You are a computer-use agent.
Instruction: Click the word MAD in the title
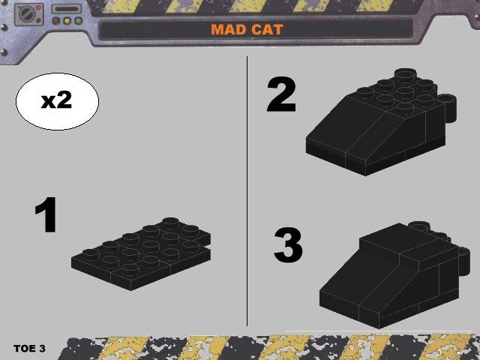[228, 30]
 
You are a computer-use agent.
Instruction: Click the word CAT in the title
[267, 30]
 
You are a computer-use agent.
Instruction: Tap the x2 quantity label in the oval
[57, 100]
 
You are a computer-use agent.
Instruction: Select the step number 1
[46, 214]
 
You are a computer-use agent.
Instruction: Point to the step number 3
[288, 245]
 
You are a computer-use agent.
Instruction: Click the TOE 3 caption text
[29, 348]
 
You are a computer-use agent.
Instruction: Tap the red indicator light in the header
[56, 21]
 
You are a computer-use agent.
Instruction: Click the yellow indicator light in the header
[67, 21]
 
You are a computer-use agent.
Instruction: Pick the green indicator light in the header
[79, 21]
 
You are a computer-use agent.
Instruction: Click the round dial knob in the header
[26, 14]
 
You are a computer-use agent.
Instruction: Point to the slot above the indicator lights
[67, 9]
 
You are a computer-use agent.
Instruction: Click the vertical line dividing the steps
[247, 191]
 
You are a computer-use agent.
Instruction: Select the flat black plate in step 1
[141, 254]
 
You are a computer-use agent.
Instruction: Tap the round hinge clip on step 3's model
[463, 261]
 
